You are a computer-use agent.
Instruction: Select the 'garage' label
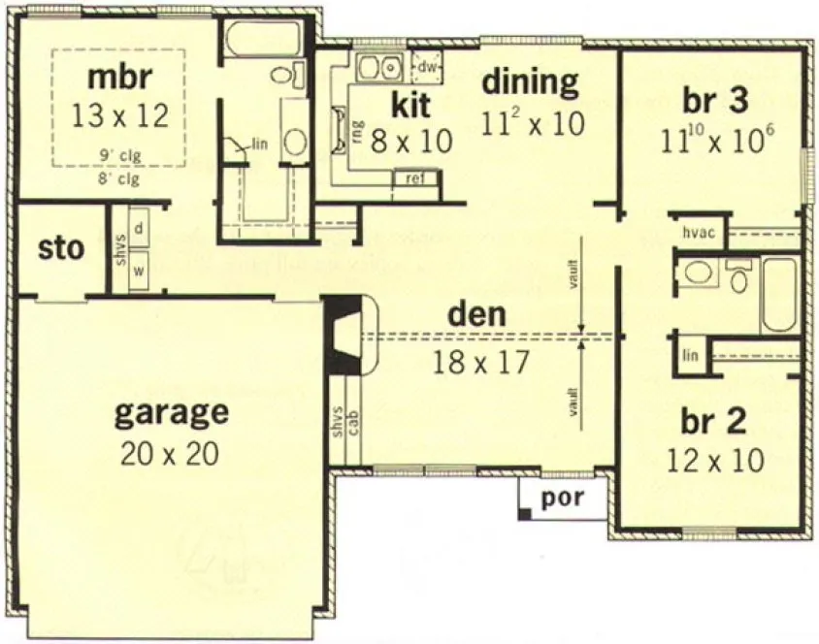tap(172, 414)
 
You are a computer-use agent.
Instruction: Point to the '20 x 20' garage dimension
tap(171, 452)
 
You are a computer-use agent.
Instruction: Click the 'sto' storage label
tap(61, 248)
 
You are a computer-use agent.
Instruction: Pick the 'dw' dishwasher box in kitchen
tap(425, 67)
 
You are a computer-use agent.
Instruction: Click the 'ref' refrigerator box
tap(413, 177)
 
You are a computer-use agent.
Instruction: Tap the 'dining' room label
tap(530, 81)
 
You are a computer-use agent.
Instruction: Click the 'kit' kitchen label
tap(411, 103)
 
